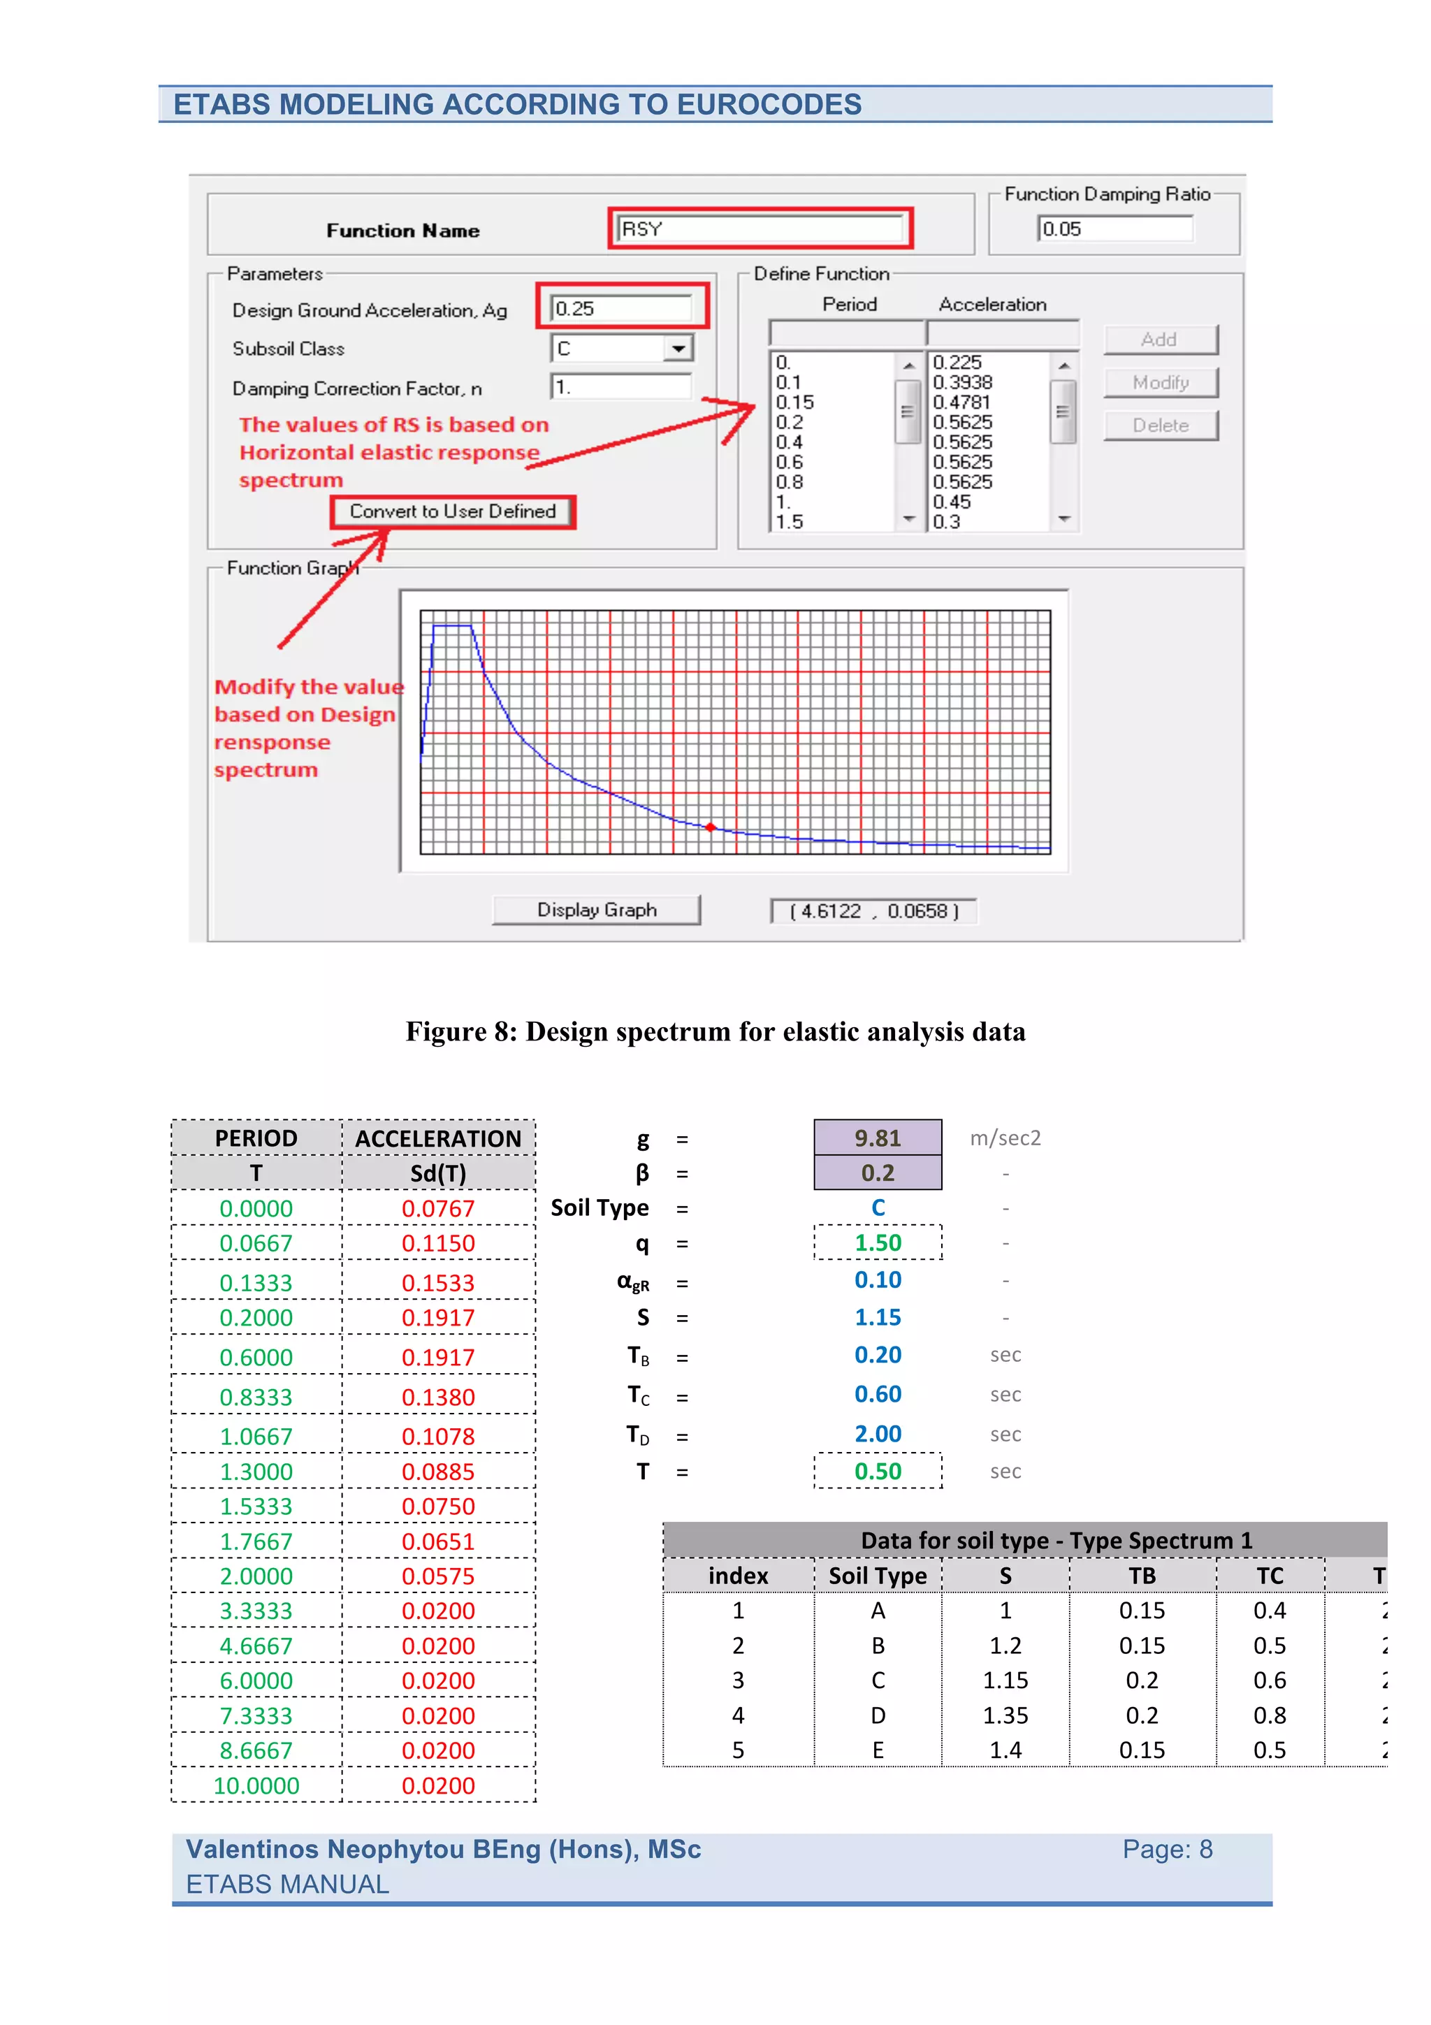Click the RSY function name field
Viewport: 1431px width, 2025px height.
click(760, 229)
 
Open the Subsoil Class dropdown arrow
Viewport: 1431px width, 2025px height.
click(677, 349)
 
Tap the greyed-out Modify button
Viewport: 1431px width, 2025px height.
click(1161, 383)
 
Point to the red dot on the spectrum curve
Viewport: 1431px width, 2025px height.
click(711, 827)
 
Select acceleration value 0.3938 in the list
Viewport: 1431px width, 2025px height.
click(963, 383)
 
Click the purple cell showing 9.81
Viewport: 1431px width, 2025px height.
click(878, 1138)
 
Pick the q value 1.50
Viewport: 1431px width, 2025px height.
click(878, 1242)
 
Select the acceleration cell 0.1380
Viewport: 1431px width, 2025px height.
click(438, 1397)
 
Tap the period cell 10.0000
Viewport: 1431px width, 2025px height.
click(256, 1786)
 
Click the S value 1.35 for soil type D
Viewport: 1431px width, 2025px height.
click(1005, 1715)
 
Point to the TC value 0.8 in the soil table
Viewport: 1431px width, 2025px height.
click(1270, 1715)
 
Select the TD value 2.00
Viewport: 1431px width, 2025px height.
click(878, 1434)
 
